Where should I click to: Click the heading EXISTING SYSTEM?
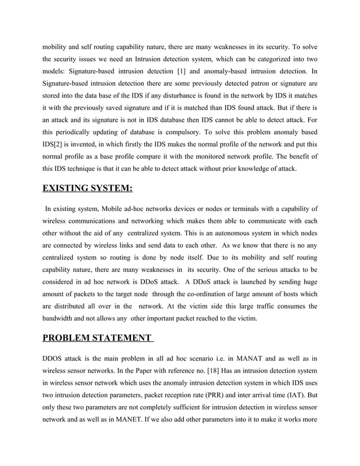pyautogui.click(x=87, y=188)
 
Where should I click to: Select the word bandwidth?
pyautogui.click(x=60, y=319)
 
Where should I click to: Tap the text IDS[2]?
pyautogui.click(x=54, y=146)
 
